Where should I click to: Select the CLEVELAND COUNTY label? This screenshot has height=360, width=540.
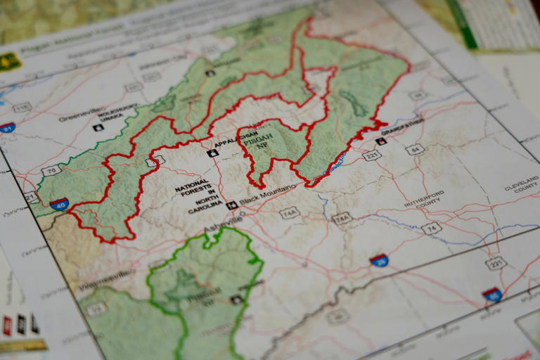[x=521, y=187]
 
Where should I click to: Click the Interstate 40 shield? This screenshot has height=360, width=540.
[x=60, y=204]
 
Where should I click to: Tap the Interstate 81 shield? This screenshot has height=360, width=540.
[x=7, y=127]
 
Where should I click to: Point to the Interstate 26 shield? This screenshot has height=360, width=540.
[x=379, y=260]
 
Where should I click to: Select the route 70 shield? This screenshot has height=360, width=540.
[x=51, y=170]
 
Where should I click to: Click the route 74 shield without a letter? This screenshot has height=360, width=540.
[x=431, y=227]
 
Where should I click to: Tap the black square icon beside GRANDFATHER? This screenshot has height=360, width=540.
[x=381, y=141]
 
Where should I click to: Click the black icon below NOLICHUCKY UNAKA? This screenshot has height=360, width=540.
[x=98, y=127]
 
